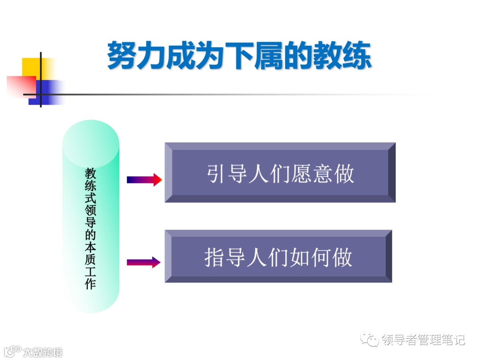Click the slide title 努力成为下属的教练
[x=239, y=55]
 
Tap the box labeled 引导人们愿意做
[x=280, y=172]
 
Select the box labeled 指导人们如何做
[x=278, y=256]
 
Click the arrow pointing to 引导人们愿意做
[x=144, y=180]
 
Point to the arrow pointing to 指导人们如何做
[x=143, y=262]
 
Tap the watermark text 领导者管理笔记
[x=423, y=340]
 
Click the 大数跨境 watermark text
[x=43, y=352]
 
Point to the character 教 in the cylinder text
[x=90, y=173]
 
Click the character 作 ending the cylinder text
[x=90, y=284]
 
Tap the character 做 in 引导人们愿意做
[x=344, y=173]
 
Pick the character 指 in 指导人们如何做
[x=214, y=257]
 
